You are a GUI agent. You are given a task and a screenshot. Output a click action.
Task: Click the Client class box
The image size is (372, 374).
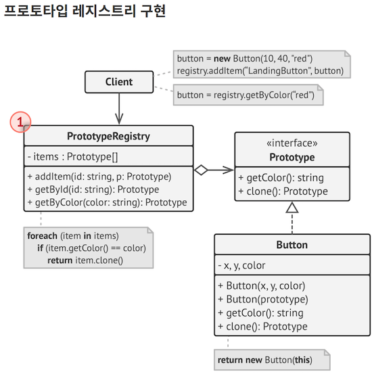click(x=119, y=83)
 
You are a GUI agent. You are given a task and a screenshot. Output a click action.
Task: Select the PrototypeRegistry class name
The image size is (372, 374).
click(x=108, y=136)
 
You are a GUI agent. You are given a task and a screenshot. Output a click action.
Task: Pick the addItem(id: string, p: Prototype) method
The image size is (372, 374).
click(x=99, y=177)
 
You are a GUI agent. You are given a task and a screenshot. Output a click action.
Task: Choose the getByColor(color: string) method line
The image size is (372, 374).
click(x=107, y=202)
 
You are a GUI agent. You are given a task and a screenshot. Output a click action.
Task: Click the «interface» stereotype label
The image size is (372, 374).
click(x=292, y=144)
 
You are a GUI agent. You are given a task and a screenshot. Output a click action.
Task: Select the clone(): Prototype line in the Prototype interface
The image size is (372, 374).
click(x=283, y=191)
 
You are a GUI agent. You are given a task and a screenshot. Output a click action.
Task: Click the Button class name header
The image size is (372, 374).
click(x=292, y=245)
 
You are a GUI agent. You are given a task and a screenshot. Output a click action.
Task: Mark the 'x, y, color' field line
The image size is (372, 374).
click(x=241, y=265)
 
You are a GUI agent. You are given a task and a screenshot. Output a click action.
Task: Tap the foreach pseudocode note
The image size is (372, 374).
click(x=87, y=248)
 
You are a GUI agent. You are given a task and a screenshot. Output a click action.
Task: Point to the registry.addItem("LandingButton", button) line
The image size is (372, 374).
click(x=260, y=71)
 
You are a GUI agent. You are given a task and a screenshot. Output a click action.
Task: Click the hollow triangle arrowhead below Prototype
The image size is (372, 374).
click(x=292, y=208)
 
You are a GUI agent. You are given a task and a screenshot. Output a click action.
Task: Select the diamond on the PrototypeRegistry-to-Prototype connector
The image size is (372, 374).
click(x=201, y=170)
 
